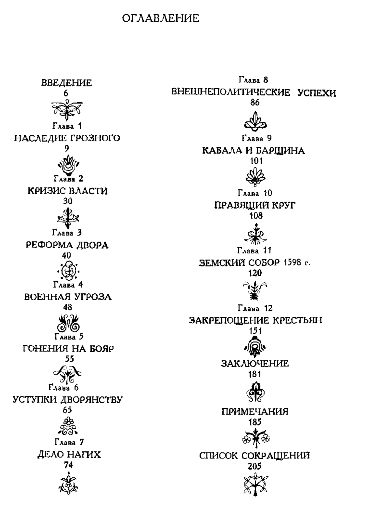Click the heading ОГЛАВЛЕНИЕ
(161, 18)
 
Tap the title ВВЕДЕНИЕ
(66, 83)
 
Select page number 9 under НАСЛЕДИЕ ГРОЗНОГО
(67, 148)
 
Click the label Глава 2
(68, 179)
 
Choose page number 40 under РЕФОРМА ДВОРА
(66, 255)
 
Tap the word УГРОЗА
(92, 297)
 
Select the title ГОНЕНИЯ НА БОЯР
(68, 349)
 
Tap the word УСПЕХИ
(317, 93)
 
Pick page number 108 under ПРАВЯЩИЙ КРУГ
(256, 215)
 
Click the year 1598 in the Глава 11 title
(292, 263)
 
